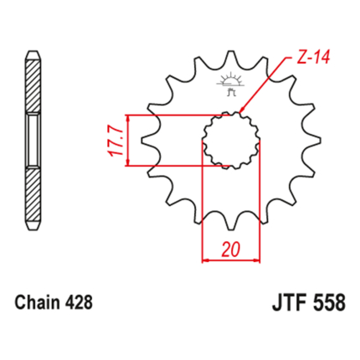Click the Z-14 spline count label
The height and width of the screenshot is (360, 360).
313,57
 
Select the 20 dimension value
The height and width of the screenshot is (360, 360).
231,249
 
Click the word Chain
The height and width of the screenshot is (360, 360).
38,302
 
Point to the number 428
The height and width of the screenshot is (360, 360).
79,302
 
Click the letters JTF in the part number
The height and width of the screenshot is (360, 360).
290,303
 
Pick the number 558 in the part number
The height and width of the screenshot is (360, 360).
329,303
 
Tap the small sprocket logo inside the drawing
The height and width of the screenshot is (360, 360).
230,84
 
